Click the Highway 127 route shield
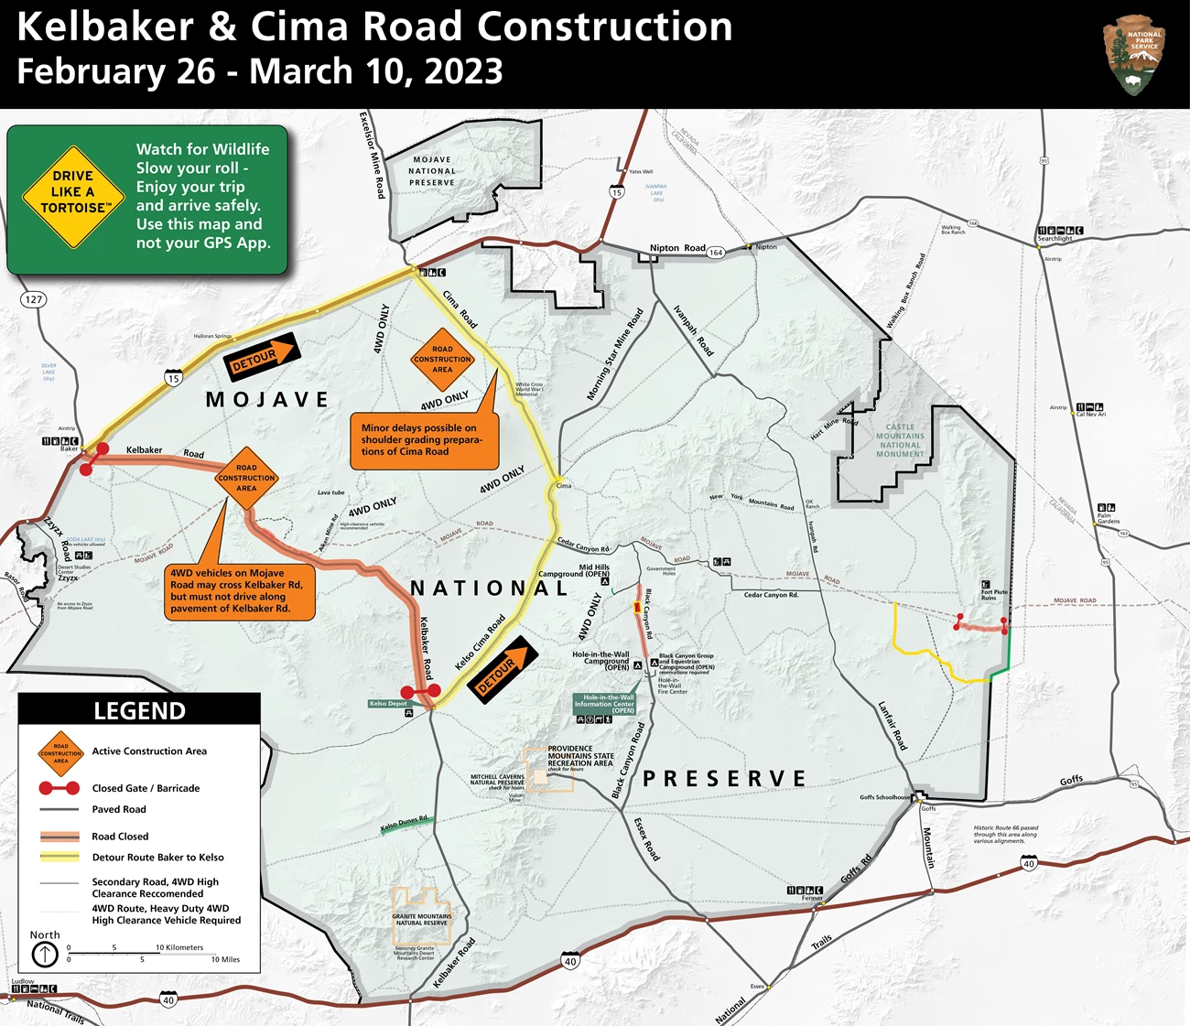point(34,299)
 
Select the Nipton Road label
point(677,248)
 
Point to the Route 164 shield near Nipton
point(716,253)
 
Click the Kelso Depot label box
point(388,704)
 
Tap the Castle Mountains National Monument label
point(900,440)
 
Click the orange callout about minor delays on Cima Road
point(424,440)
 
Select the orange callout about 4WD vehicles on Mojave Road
point(240,591)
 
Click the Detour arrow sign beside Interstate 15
point(262,357)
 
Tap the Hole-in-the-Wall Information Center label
point(604,703)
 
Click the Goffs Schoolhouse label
point(884,797)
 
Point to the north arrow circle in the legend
point(45,955)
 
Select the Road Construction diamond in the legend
point(60,753)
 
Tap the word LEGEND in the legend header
point(139,711)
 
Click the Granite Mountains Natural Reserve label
point(422,919)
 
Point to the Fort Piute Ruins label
point(994,594)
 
